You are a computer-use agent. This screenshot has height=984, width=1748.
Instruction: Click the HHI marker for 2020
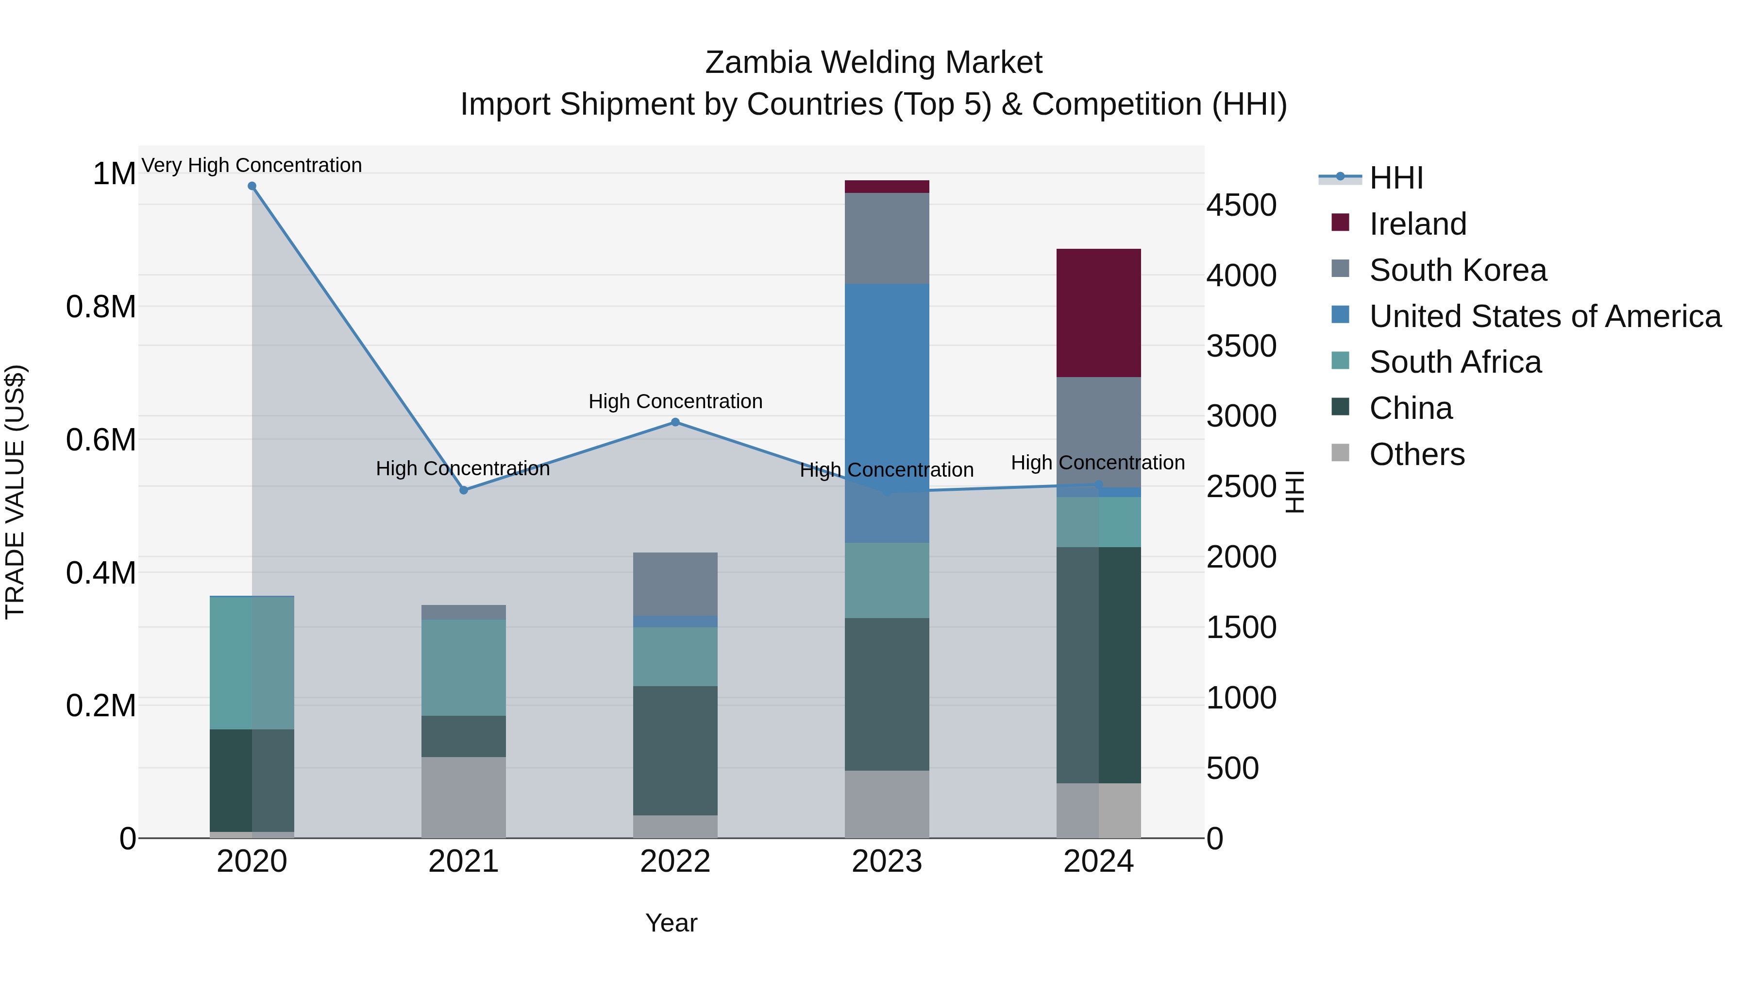252,186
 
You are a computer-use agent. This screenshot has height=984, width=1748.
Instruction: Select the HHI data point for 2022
675,422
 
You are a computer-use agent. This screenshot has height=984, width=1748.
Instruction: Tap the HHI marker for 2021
464,490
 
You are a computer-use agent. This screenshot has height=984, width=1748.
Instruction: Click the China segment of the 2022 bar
675,750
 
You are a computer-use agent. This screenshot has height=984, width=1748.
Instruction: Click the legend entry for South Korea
1458,270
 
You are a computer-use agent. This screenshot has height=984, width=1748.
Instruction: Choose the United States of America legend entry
1545,316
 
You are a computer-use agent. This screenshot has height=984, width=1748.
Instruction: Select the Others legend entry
1417,454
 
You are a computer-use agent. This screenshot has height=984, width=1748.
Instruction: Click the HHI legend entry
1396,178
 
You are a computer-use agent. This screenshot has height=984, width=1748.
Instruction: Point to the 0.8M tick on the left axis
101,307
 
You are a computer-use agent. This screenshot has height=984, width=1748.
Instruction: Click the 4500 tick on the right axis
1241,205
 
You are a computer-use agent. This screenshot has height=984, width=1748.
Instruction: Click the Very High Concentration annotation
252,165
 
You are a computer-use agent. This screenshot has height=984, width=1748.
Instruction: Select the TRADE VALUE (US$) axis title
15,492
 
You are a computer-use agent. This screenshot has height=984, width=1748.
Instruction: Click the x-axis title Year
671,923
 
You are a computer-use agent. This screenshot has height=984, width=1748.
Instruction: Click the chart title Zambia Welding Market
874,63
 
